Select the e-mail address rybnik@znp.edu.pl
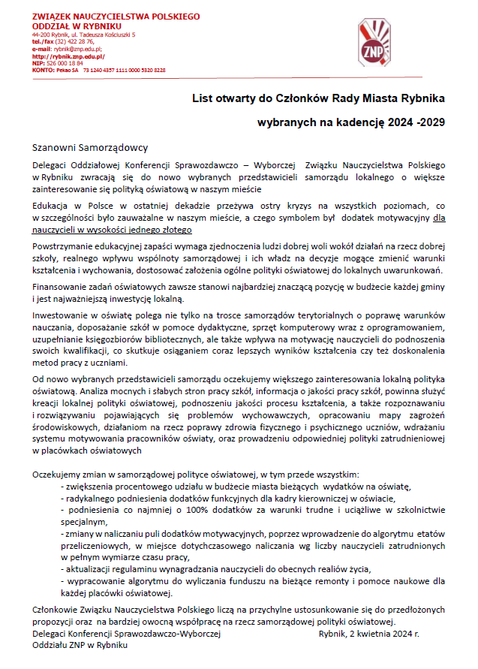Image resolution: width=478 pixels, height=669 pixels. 80,49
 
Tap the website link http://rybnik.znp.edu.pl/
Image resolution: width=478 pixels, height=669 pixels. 68,56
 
